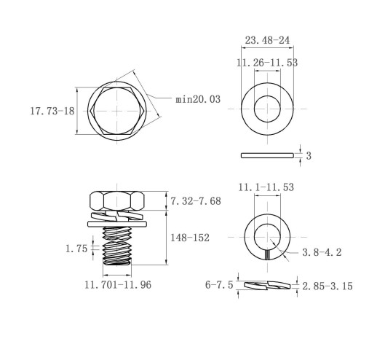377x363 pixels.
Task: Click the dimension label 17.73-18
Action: click(x=52, y=111)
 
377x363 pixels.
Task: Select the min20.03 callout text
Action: click(x=198, y=99)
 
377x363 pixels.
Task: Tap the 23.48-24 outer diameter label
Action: click(x=267, y=40)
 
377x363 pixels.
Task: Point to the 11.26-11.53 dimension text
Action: click(x=267, y=63)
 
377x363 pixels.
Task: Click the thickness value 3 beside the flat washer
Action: click(x=309, y=156)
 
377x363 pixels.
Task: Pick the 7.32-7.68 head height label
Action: click(x=196, y=201)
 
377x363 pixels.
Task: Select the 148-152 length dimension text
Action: click(x=190, y=238)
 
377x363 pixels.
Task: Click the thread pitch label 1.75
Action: click(x=76, y=249)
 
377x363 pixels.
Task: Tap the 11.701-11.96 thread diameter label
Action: click(x=118, y=284)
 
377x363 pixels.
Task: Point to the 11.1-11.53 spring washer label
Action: click(x=266, y=187)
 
